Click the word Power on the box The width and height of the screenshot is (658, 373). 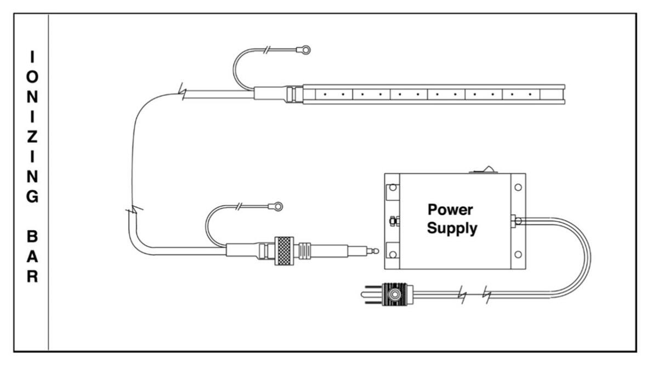click(x=450, y=210)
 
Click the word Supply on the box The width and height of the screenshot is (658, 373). click(x=452, y=228)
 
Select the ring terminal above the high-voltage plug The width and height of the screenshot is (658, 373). click(x=278, y=207)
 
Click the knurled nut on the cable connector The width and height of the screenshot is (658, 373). click(x=284, y=251)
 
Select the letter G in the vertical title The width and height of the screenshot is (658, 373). click(x=32, y=197)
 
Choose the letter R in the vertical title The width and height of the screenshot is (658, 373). click(x=32, y=276)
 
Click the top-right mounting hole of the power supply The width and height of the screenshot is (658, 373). click(x=518, y=187)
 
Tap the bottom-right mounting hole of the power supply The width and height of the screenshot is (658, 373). click(x=518, y=254)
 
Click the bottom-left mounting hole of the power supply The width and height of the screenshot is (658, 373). click(x=392, y=254)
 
